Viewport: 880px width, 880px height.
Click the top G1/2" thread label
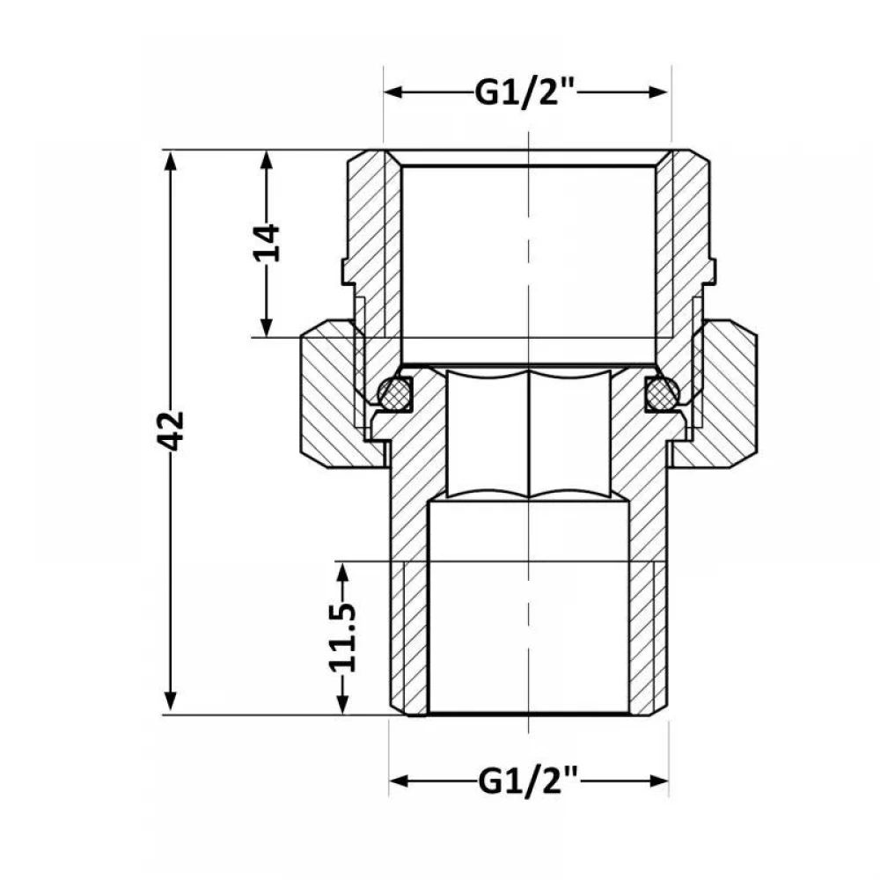point(524,93)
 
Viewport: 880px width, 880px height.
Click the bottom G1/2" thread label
point(527,781)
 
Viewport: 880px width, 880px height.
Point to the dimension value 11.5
point(342,638)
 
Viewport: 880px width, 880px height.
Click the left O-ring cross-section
point(394,392)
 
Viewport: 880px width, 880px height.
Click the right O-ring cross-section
point(663,392)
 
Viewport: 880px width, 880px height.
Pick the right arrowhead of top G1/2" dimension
point(658,92)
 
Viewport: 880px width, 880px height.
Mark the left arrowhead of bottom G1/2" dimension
point(400,781)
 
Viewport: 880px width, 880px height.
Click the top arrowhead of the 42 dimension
point(171,161)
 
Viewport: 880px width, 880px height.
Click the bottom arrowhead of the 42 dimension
point(171,704)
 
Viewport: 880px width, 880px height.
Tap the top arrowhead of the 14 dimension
point(268,161)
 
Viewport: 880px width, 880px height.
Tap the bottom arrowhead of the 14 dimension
point(268,326)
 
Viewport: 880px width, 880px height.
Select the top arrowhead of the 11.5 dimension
point(342,573)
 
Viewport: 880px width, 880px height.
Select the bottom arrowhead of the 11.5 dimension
point(342,704)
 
